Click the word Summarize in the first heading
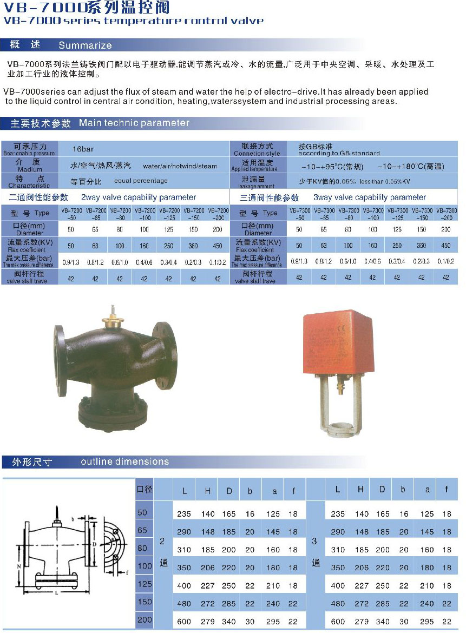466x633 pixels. coord(85,45)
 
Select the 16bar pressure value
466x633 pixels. coord(83,148)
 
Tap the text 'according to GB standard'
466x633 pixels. coord(339,153)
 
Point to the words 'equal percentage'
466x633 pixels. coord(141,181)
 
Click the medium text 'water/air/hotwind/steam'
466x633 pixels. coord(180,166)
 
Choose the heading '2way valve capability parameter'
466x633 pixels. coord(139,197)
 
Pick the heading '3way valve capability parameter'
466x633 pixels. coord(370,197)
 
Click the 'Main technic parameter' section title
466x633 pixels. coord(134,123)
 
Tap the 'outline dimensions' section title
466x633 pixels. coord(125,461)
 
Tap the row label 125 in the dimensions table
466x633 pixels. coord(145,584)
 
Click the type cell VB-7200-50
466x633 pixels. coord(70,213)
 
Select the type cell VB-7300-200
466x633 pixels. coord(447,213)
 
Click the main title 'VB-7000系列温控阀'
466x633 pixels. coord(86,7)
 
